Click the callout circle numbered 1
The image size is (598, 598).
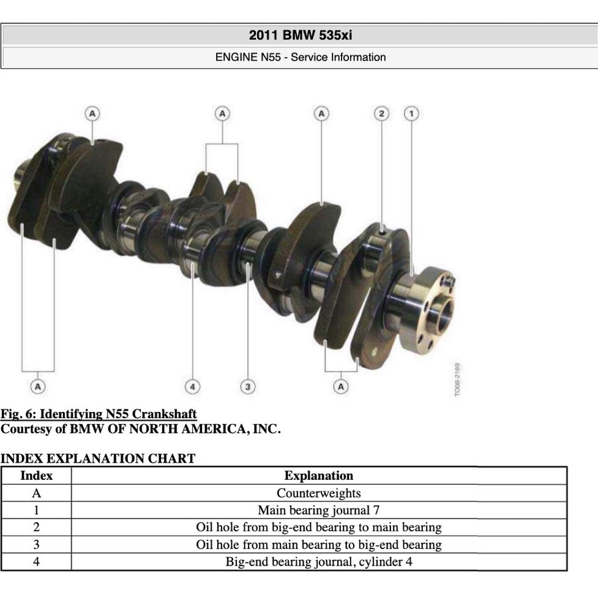pos(411,114)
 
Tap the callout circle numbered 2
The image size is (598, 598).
pos(381,114)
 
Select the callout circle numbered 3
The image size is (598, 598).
pos(248,387)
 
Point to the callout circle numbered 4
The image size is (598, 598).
pos(192,387)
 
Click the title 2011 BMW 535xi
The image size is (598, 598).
pos(301,36)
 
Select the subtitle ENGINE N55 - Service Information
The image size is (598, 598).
pos(301,57)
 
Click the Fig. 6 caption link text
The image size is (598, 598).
pos(99,414)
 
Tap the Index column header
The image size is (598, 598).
pos(36,476)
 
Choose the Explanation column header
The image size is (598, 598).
pos(319,476)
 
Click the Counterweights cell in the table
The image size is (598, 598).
pos(319,493)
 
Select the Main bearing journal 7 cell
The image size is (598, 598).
pos(319,510)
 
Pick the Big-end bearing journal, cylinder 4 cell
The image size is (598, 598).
pos(319,562)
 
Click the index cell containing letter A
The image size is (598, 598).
pos(36,493)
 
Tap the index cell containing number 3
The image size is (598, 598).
pos(36,545)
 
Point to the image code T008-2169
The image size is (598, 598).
pos(457,379)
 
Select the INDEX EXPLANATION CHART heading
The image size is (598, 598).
pos(98,458)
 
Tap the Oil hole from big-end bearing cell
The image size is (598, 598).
pos(319,528)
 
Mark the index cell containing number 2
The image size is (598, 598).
pos(36,528)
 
